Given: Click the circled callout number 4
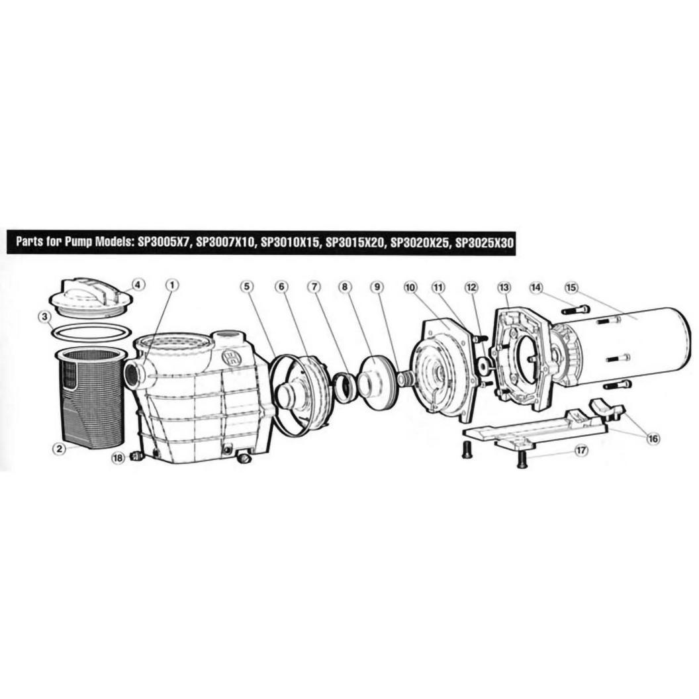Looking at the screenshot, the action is (138, 285).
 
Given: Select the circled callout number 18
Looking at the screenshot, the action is (118, 458).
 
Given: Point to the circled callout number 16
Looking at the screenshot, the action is (653, 439).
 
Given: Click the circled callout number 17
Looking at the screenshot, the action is (581, 451).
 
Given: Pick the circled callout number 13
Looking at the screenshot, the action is (504, 287).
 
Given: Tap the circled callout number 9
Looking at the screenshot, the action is (377, 287).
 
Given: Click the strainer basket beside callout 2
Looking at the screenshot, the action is (89, 398).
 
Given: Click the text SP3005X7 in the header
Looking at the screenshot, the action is (165, 242).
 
